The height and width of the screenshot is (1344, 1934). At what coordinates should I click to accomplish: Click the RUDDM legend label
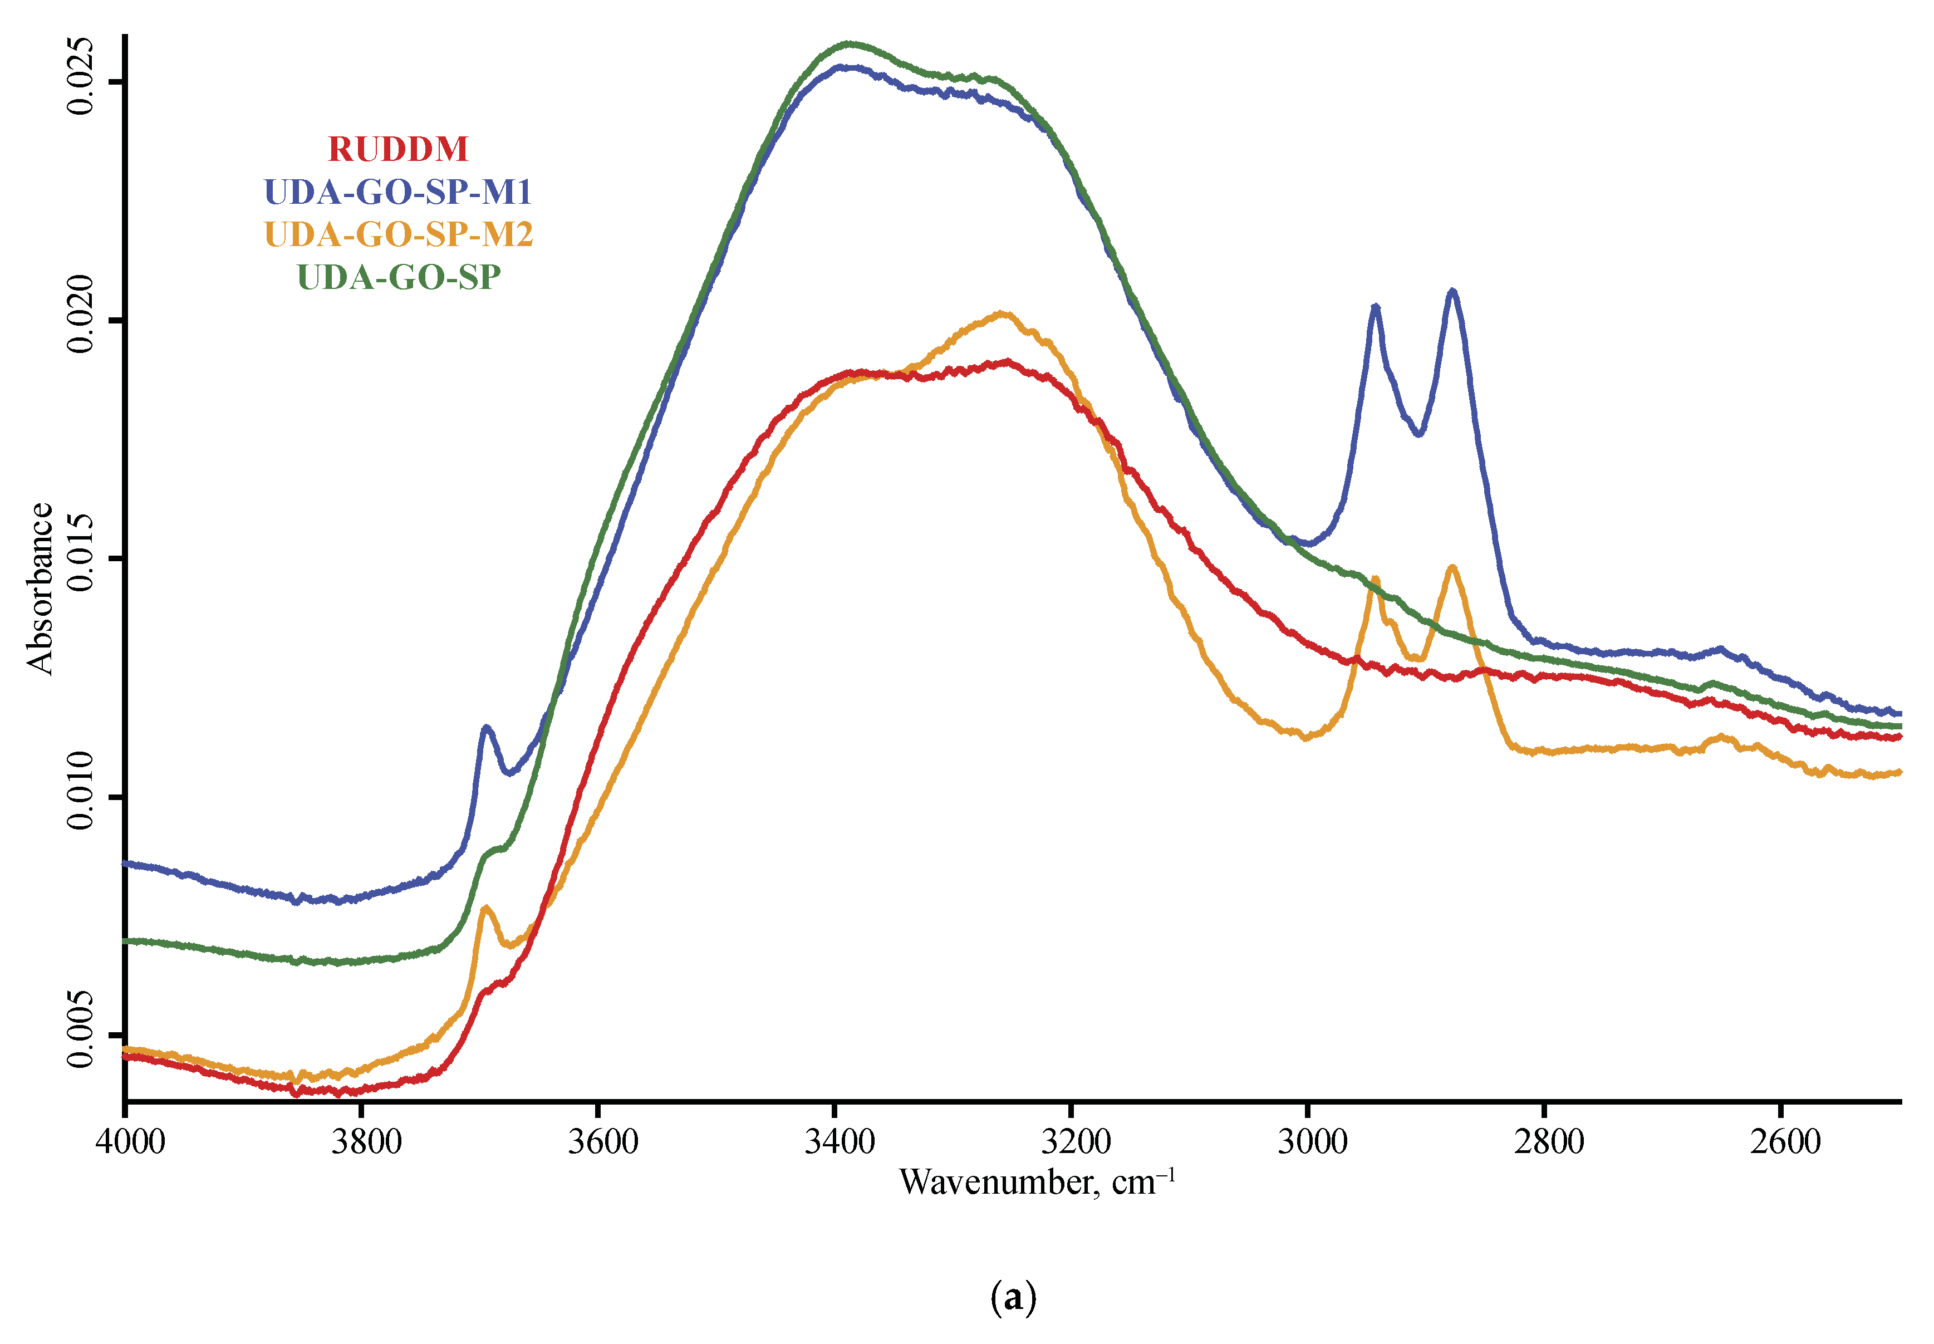tap(397, 150)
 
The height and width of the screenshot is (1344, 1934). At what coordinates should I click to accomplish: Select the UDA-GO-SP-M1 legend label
tap(397, 192)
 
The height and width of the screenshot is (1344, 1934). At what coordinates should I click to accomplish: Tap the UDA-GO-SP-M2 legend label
tap(398, 234)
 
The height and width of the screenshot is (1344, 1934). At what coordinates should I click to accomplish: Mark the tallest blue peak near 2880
tap(1451, 291)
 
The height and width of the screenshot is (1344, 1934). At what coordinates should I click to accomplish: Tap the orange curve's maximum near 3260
tap(1002, 313)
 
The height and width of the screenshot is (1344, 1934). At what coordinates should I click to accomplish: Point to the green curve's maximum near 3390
tap(849, 42)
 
